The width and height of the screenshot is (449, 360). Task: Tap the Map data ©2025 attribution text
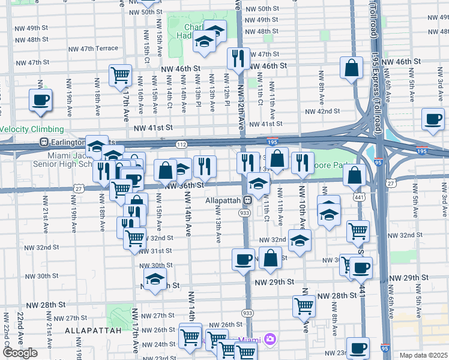coord(424,355)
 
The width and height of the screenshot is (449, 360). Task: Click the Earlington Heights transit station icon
coord(43,142)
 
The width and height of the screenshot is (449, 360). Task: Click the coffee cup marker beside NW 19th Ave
coord(40,100)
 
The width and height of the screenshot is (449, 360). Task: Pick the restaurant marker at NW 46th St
coord(238,58)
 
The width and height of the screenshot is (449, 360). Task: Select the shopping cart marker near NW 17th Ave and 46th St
coord(121,76)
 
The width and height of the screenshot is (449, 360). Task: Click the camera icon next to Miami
coord(270,340)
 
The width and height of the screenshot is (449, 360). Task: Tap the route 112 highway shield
coord(182,144)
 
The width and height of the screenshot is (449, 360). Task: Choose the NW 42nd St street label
coord(322,112)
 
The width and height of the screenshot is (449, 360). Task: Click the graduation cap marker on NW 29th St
coord(155,279)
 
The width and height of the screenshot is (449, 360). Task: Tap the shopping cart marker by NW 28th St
coord(304,306)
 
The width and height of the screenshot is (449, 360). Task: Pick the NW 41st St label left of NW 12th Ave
coord(153,128)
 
